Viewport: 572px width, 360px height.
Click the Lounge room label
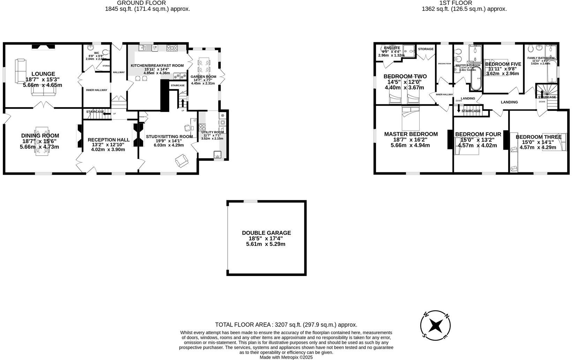[x=43, y=74]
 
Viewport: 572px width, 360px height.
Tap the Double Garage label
[x=266, y=233]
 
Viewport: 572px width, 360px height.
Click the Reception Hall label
[x=108, y=140]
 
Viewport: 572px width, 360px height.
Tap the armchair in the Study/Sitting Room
[x=182, y=161]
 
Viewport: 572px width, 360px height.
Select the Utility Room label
[x=212, y=133]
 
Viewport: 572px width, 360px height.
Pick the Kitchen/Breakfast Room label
[x=157, y=66]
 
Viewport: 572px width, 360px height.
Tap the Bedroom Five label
[x=503, y=64]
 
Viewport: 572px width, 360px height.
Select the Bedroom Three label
[x=538, y=137]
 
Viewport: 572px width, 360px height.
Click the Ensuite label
[x=392, y=48]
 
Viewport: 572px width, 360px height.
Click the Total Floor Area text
[x=286, y=325]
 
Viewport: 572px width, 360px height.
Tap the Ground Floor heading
[x=146, y=3]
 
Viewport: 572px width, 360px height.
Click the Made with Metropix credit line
[x=286, y=357]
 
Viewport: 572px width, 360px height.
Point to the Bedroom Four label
[x=478, y=134]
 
